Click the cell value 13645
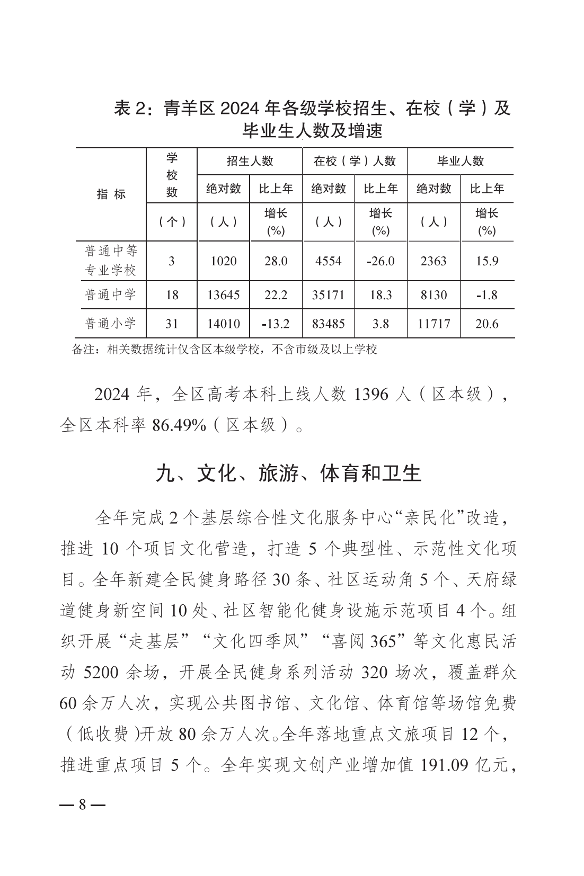[x=223, y=295]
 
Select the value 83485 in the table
[x=328, y=324]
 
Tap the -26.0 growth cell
[x=381, y=261]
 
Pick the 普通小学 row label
[x=111, y=323]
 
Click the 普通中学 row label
[x=111, y=294]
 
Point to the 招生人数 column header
[x=250, y=161]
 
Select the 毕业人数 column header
[x=460, y=161]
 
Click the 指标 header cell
[x=111, y=194]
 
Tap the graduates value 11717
[x=433, y=324]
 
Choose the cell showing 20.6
[x=486, y=324]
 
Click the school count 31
[x=172, y=324]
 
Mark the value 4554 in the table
[x=328, y=261]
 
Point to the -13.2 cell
[x=276, y=324]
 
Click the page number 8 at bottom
[x=82, y=805]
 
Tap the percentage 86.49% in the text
[x=179, y=425]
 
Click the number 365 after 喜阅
[x=384, y=641]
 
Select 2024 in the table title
[x=241, y=109]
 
